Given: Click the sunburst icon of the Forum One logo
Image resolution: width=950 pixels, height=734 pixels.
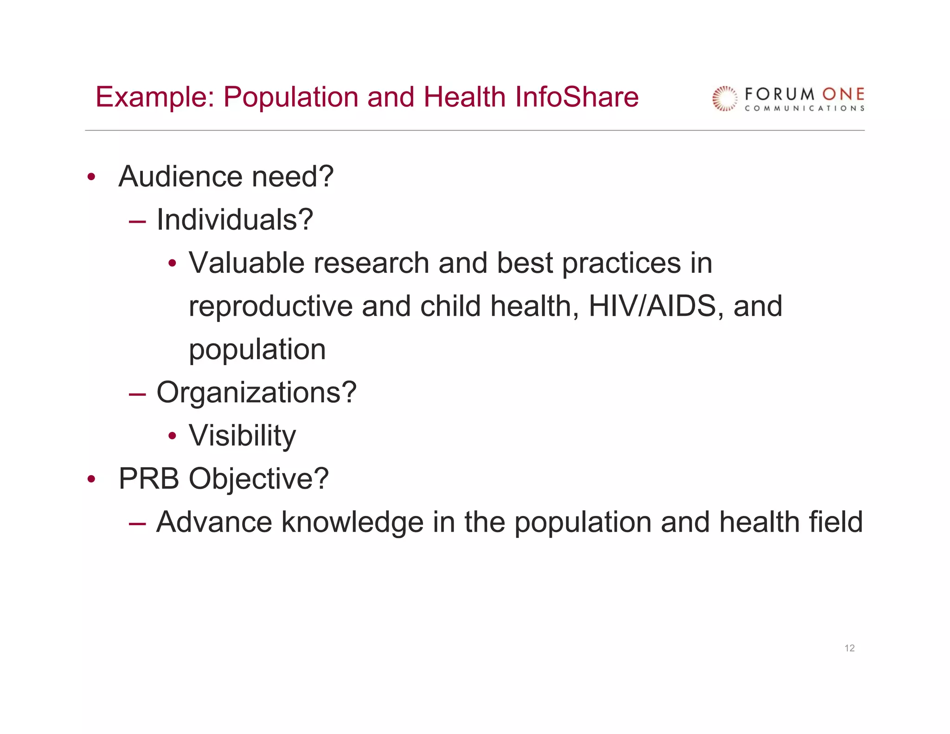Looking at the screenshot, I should pyautogui.click(x=725, y=98).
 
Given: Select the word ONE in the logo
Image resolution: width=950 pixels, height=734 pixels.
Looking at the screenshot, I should pyautogui.click(x=843, y=95).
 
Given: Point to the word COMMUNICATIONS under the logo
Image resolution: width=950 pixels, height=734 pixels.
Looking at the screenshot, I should pyautogui.click(x=804, y=109).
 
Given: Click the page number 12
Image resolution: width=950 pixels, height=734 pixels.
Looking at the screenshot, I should pyautogui.click(x=849, y=648).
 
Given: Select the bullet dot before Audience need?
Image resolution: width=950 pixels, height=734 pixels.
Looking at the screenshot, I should pyautogui.click(x=91, y=177).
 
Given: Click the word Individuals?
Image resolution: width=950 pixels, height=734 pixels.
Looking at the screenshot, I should pyautogui.click(x=235, y=219).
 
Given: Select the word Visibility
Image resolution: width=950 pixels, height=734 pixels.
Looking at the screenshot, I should pyautogui.click(x=242, y=436).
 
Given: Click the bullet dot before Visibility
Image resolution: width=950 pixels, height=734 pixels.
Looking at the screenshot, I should pyautogui.click(x=173, y=436).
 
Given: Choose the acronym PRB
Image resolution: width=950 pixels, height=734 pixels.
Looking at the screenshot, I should pyautogui.click(x=149, y=479).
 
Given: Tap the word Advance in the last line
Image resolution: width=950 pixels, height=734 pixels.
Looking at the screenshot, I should pyautogui.click(x=214, y=522).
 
